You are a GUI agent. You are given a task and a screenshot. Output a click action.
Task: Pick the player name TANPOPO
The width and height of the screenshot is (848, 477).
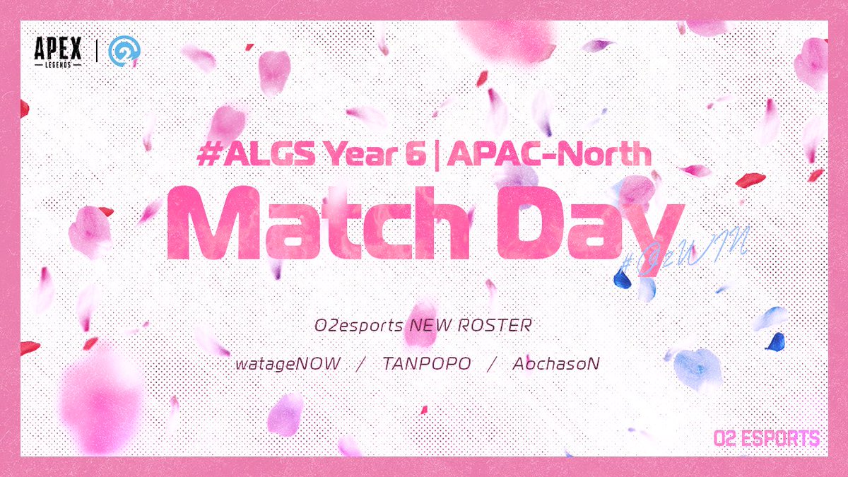423,365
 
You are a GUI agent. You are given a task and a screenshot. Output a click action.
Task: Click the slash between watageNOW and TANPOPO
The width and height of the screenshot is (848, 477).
362,365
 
